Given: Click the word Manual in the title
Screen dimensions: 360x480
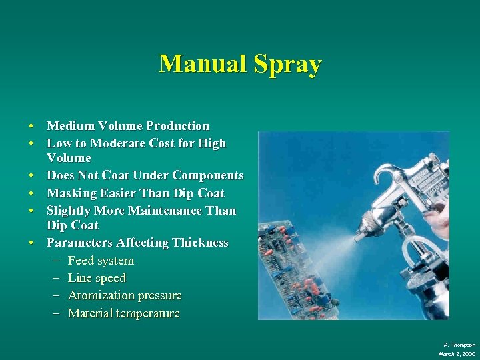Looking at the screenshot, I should click(201, 64).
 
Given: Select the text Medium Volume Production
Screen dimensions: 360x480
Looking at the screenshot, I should click(128, 126).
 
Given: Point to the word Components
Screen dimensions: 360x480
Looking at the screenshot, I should click(208, 175).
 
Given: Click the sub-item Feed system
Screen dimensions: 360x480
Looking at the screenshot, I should click(101, 261).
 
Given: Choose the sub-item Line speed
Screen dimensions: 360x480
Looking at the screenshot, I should click(97, 278).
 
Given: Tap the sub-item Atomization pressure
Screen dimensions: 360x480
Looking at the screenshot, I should click(125, 295).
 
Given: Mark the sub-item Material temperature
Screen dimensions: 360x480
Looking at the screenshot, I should click(124, 313).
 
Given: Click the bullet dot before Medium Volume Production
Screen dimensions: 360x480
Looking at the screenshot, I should click(31, 127).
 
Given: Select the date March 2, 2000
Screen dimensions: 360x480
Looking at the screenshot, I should click(457, 353).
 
